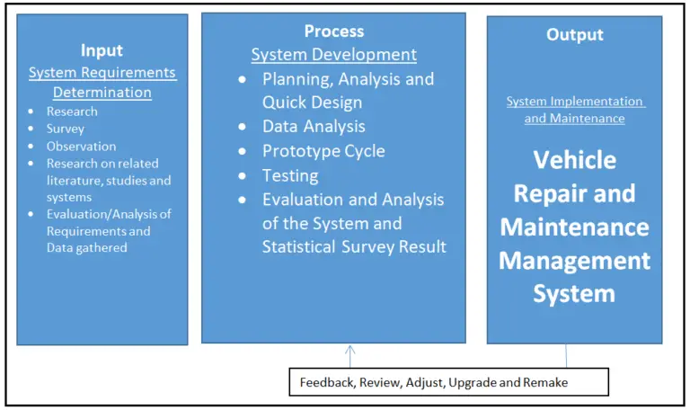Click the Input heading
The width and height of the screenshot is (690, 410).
102,50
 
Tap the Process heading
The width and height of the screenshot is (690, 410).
333,31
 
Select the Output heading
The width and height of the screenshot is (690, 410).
574,34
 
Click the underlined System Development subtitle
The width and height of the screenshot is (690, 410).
333,55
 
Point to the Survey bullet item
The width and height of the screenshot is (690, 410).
67,129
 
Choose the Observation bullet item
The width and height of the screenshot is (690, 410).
82,146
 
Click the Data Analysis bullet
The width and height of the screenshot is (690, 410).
314,127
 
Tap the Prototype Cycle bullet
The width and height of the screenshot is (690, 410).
323,151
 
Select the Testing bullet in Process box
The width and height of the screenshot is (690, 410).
290,175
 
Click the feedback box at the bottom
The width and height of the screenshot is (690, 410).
448,382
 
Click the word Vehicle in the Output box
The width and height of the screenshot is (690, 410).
574,160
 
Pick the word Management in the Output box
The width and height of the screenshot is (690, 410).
574,260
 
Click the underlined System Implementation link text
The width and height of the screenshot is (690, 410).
574,102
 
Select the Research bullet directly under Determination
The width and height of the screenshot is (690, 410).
72,111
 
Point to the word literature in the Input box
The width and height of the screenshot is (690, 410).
75,180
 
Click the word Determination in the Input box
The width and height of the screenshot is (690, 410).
102,92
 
